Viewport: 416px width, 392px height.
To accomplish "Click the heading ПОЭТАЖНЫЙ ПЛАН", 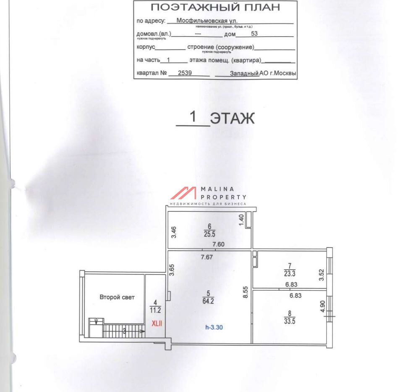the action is pyautogui.click(x=215, y=7).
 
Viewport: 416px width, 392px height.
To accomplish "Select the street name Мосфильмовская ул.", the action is pyautogui.click(x=207, y=21).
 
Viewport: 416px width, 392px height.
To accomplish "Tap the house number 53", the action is pyautogui.click(x=254, y=34).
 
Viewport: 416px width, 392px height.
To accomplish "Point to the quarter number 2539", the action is pyautogui.click(x=185, y=73).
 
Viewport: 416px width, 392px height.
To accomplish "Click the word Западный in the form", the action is pyautogui.click(x=244, y=73).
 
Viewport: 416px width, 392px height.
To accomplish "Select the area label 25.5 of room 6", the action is pyautogui.click(x=209, y=234).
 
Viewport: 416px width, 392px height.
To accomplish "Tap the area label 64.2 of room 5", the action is pyautogui.click(x=208, y=301).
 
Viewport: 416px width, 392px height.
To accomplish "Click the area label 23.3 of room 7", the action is pyautogui.click(x=290, y=273).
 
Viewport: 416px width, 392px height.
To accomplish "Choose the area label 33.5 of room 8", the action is pyautogui.click(x=290, y=321).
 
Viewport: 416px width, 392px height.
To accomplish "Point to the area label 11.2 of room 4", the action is pyautogui.click(x=155, y=310).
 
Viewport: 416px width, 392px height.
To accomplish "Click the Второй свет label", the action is pyautogui.click(x=117, y=297).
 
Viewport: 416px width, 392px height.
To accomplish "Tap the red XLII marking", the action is pyautogui.click(x=157, y=324).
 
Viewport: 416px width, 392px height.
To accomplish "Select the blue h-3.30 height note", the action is pyautogui.click(x=214, y=327).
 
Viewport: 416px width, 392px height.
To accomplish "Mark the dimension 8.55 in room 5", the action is pyautogui.click(x=246, y=292).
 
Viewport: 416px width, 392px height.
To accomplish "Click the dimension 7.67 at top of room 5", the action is pyautogui.click(x=207, y=257).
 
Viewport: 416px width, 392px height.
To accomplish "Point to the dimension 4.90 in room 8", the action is pyautogui.click(x=323, y=307).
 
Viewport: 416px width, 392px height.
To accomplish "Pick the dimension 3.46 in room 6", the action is pyautogui.click(x=173, y=232).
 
